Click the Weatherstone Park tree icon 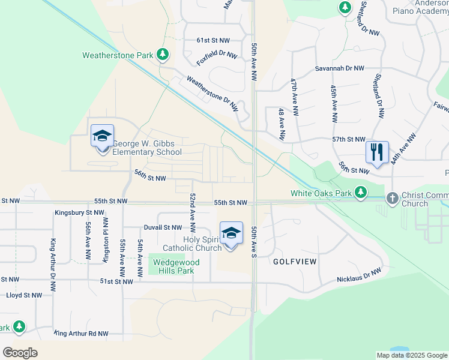162,55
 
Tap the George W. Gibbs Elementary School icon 102,136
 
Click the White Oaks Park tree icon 360,193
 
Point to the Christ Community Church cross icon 392,197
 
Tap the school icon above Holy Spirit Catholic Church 231,232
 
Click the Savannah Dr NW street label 340,69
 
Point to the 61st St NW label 213,40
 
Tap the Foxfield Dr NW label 217,58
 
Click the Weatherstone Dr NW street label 212,93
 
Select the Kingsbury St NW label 79,212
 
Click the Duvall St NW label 162,228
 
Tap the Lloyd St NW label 24,295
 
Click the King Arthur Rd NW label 81,333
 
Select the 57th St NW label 349,139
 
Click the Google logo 20,353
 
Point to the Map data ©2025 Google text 411,355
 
